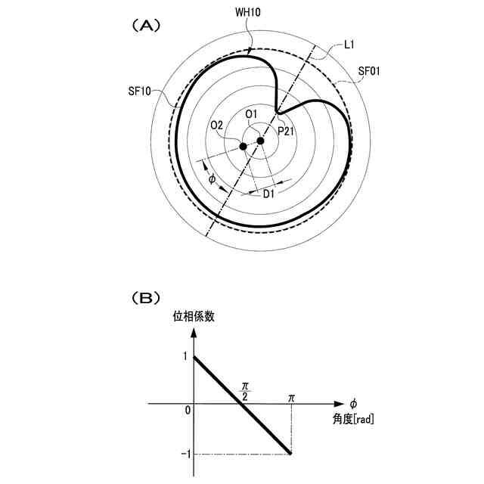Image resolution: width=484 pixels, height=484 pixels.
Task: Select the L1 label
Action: tap(349, 45)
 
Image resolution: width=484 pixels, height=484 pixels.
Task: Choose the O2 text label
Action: tap(217, 125)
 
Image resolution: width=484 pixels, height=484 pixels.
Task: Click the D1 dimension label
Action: tap(268, 195)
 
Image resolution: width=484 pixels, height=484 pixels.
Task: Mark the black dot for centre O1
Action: tap(260, 141)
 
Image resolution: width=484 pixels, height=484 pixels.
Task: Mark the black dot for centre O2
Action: tap(244, 145)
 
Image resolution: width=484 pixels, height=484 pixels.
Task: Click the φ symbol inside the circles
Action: tap(212, 180)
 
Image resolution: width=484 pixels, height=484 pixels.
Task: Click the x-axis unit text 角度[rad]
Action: tap(353, 418)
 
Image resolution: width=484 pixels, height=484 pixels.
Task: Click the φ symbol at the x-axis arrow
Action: tap(352, 403)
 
